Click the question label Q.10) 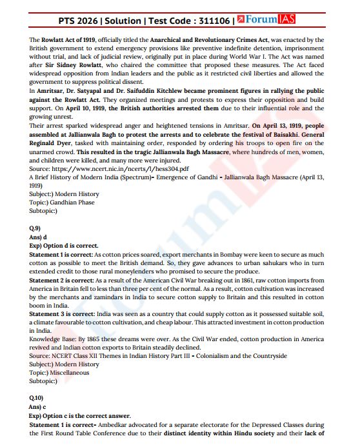[37, 398]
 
